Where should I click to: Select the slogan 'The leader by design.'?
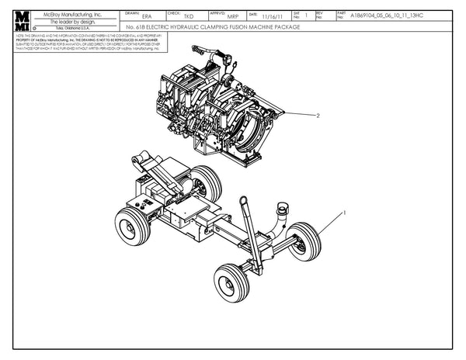72,22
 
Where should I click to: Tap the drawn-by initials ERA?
148,17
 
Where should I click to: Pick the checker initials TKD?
189,17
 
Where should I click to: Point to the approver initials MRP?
232,17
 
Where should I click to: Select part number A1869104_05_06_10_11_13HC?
384,16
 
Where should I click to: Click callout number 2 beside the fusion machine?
318,115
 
